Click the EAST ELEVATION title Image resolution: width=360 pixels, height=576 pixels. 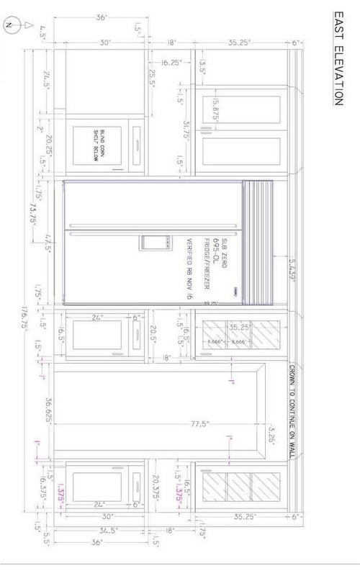[336, 58]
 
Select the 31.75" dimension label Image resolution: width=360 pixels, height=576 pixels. [186, 129]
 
